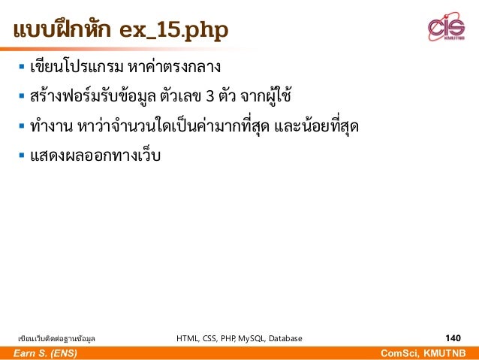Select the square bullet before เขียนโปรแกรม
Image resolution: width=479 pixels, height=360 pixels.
21,69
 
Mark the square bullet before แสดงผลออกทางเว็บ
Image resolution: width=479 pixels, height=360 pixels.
21,155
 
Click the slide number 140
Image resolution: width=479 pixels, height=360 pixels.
453,338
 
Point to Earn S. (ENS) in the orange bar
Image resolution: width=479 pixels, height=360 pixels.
45,353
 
